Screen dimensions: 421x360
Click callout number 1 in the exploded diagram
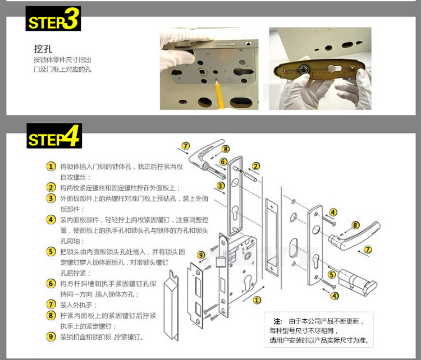coord(257,300)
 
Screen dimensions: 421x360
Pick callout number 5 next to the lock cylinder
coord(332,275)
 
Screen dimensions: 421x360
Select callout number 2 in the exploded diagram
coord(256,166)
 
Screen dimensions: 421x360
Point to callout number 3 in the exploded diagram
coord(221,186)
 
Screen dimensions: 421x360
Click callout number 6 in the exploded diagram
coord(223,162)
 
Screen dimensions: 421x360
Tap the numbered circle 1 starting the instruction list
coord(51,167)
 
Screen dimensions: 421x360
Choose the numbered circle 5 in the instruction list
coord(51,252)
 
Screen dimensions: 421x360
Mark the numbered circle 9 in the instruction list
coord(51,337)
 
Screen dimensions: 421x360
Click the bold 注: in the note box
coord(277,321)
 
